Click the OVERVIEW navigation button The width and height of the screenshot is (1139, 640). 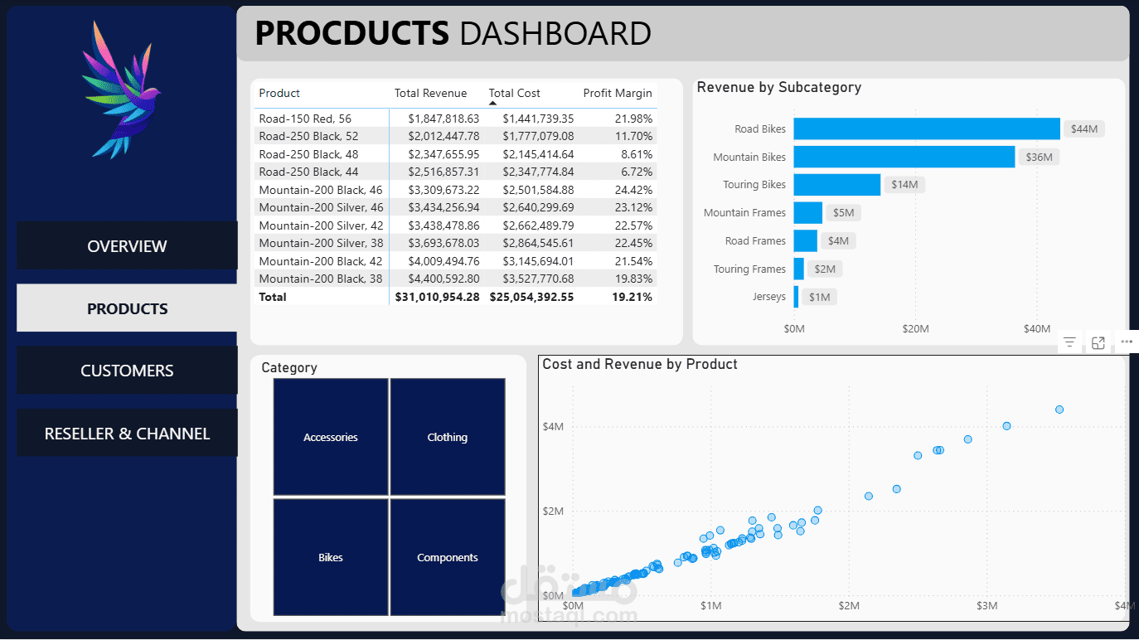pos(127,246)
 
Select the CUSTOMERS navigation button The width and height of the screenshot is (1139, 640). pos(127,371)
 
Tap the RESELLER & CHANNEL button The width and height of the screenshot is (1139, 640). pos(127,434)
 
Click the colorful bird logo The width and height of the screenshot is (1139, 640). pos(120,90)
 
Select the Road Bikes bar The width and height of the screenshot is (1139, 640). pos(926,128)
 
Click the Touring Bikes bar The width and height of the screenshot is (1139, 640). pos(836,185)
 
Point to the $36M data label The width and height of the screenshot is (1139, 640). pos(1039,157)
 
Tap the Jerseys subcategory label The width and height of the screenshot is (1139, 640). pos(768,297)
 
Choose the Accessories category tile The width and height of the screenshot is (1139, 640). pos(331,437)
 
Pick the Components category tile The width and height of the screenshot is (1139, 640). pos(448,557)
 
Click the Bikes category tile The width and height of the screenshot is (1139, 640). pos(331,557)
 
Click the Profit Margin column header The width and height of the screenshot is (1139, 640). pos(618,93)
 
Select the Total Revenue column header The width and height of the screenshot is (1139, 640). pos(430,93)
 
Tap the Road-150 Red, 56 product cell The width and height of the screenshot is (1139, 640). pos(305,119)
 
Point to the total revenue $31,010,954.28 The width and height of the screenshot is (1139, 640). pos(437,297)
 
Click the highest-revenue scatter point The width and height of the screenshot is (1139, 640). pos(1059,410)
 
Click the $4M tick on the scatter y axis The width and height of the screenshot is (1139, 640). pos(553,427)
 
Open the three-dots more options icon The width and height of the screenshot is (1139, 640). pos(1126,342)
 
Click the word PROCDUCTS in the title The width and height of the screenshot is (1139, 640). pos(351,34)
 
